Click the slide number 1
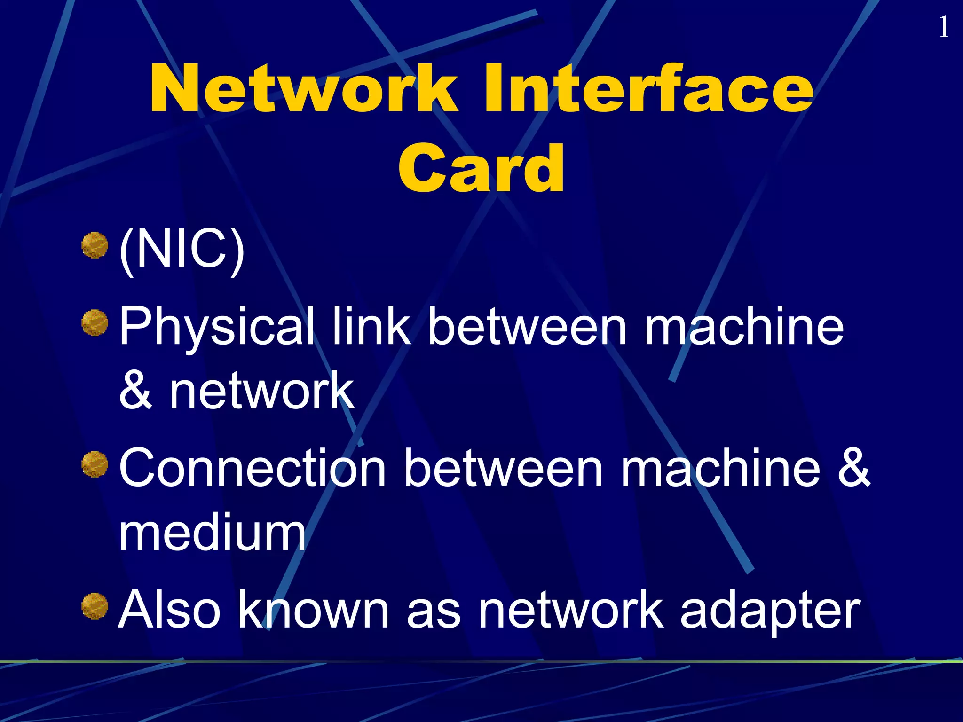point(944,27)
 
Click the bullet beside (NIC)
point(95,245)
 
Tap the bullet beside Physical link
point(95,322)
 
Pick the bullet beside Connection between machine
point(95,464)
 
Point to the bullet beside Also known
point(95,606)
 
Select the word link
point(371,325)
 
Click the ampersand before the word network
point(135,390)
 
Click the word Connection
point(253,468)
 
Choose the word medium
point(212,533)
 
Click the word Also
point(169,609)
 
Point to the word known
point(314,609)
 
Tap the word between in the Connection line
point(503,467)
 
